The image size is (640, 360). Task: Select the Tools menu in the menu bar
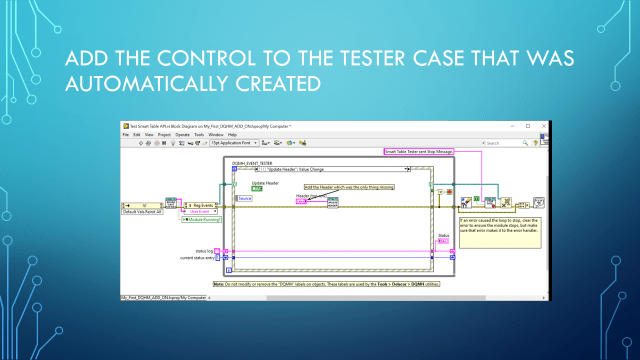click(x=185, y=134)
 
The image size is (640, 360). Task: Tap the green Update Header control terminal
click(x=257, y=188)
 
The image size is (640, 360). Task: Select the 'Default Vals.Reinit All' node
click(x=141, y=212)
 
